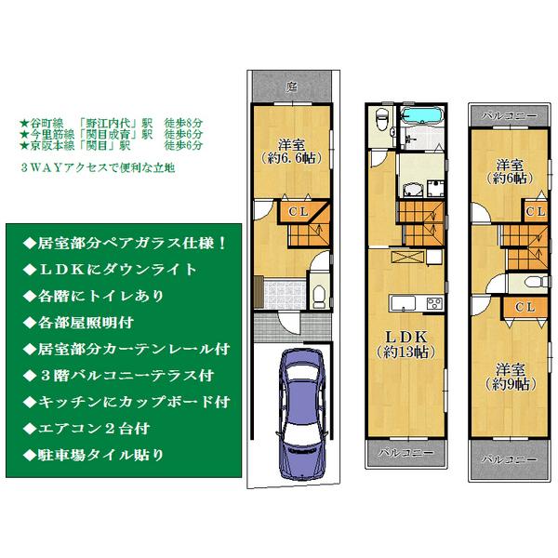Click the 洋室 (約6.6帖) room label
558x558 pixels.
coord(293,151)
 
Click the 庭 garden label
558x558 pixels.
coord(291,86)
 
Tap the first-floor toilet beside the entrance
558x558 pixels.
coord(318,296)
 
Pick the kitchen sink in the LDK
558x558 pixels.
coord(400,303)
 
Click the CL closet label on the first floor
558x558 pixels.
coord(295,212)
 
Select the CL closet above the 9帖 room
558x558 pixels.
coord(524,306)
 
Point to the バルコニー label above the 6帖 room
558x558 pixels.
coord(511,115)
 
